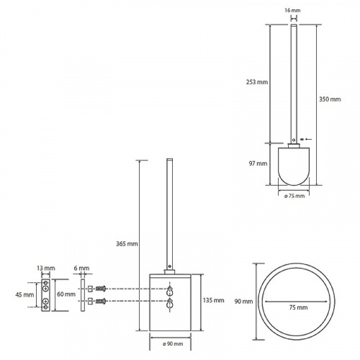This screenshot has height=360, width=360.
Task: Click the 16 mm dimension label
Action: click(x=292, y=10)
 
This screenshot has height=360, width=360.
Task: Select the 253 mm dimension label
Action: click(x=257, y=82)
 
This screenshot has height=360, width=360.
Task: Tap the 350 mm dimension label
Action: click(x=330, y=99)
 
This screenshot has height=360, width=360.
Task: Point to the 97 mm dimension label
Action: click(x=258, y=163)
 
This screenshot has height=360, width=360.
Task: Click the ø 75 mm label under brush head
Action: click(x=294, y=196)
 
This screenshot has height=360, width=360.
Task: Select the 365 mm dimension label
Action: click(x=127, y=244)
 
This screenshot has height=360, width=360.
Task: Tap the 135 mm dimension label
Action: click(x=214, y=300)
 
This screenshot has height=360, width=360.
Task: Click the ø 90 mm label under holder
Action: click(x=173, y=344)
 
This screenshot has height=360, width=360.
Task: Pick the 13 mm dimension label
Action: click(x=46, y=268)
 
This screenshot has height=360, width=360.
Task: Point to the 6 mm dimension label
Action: click(x=81, y=268)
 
